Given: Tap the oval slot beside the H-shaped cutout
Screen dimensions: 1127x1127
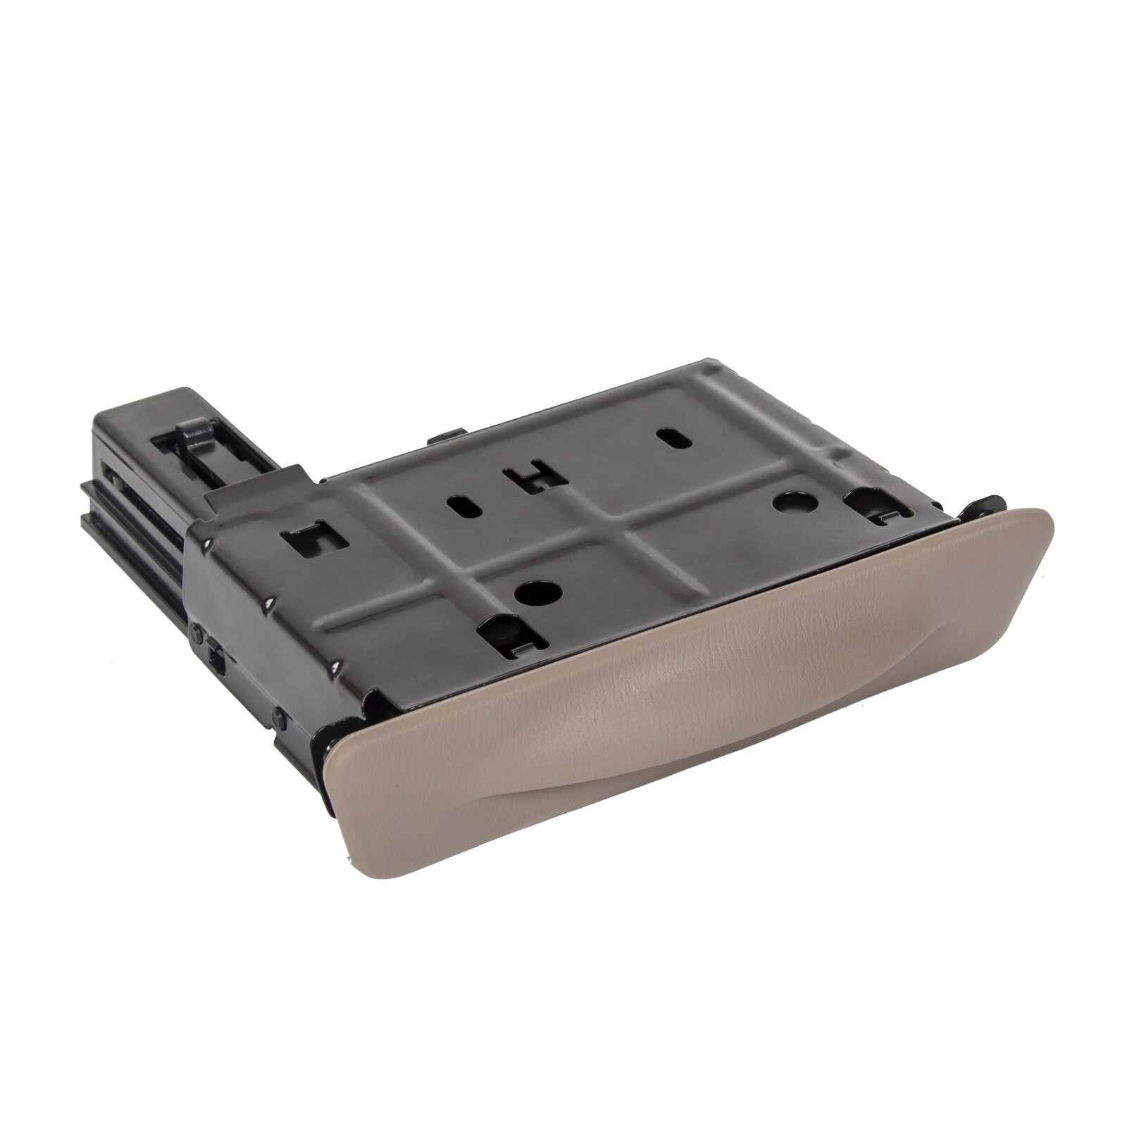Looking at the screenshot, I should [x=465, y=509].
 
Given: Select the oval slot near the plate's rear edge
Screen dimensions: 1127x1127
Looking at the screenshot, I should [x=674, y=438].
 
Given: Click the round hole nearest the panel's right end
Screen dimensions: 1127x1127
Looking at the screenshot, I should [x=795, y=502].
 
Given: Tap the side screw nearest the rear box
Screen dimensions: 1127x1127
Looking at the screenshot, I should [x=197, y=634].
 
